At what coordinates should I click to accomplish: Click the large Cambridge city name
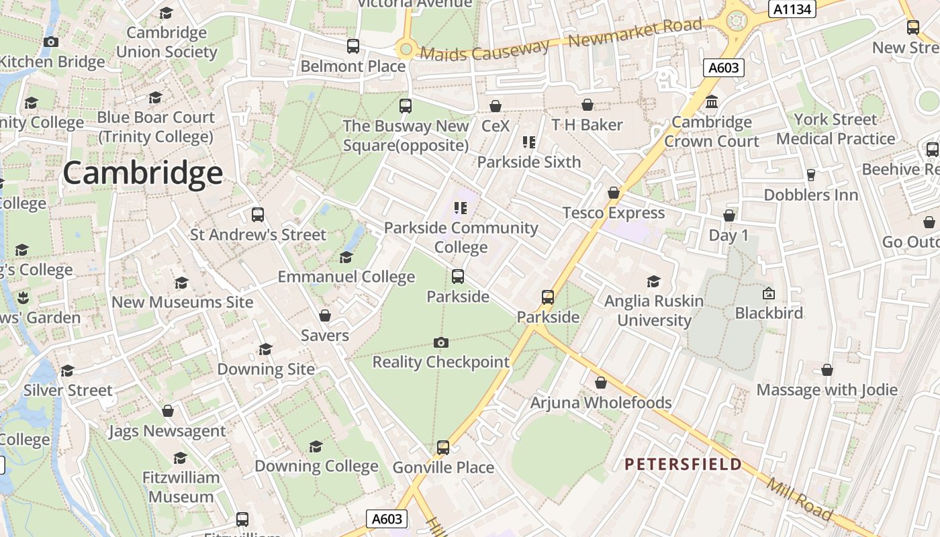pyautogui.click(x=142, y=173)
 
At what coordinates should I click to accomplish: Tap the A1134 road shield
pyautogui.click(x=792, y=9)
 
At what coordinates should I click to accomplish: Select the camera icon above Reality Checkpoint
pyautogui.click(x=441, y=343)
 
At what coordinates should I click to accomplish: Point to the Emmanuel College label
pyautogui.click(x=346, y=277)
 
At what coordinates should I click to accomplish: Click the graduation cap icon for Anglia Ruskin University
pyautogui.click(x=653, y=282)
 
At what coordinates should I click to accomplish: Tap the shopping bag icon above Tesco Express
pyautogui.click(x=613, y=193)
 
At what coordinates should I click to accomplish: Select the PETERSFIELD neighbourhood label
pyautogui.click(x=683, y=464)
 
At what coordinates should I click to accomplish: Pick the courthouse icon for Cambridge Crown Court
pyautogui.click(x=712, y=102)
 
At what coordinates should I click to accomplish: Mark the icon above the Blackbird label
pyautogui.click(x=769, y=293)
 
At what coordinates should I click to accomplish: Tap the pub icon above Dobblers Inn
pyautogui.click(x=810, y=175)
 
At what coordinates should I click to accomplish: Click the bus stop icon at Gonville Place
pyautogui.click(x=443, y=447)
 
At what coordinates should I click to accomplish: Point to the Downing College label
pyautogui.click(x=316, y=466)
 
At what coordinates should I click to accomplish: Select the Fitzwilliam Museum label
pyautogui.click(x=181, y=487)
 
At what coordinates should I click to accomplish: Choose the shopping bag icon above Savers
pyautogui.click(x=325, y=315)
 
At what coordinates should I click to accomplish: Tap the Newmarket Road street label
pyautogui.click(x=634, y=33)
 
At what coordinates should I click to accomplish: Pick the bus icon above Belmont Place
pyautogui.click(x=353, y=46)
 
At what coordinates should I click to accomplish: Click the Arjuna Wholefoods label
pyautogui.click(x=601, y=403)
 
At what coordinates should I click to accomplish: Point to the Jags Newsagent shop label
pyautogui.click(x=167, y=431)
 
